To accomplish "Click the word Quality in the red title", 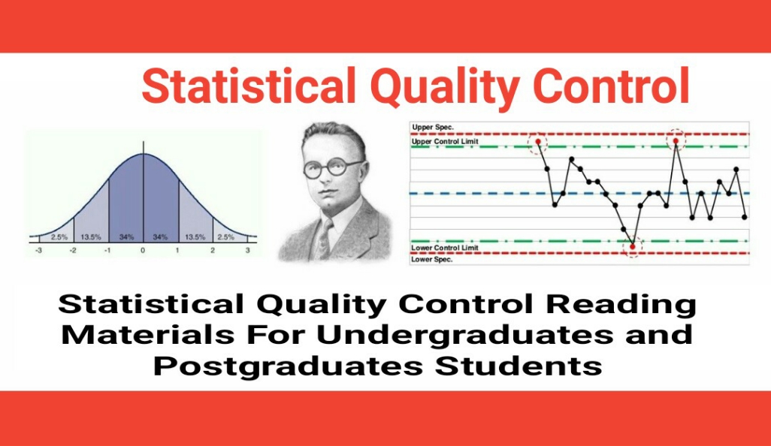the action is pyautogui.click(x=446, y=87).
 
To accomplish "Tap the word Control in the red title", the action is pyautogui.click(x=611, y=86).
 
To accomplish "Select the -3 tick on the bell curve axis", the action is pyautogui.click(x=39, y=250).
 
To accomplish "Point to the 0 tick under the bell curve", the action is pyautogui.click(x=143, y=250).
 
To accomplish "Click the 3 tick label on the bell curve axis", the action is pyautogui.click(x=248, y=250).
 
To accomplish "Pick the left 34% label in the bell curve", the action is pyautogui.click(x=126, y=237).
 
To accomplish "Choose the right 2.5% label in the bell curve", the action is pyautogui.click(x=226, y=237).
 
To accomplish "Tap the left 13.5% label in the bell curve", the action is pyautogui.click(x=91, y=237).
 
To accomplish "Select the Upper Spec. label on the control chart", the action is pyautogui.click(x=433, y=127).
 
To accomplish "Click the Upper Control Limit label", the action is pyautogui.click(x=445, y=141).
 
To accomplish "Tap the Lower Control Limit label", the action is pyautogui.click(x=445, y=248).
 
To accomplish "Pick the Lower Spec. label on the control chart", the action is pyautogui.click(x=432, y=259).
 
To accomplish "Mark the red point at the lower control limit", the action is pyautogui.click(x=633, y=246).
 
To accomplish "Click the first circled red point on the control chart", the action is pyautogui.click(x=538, y=141).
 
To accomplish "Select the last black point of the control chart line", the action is pyautogui.click(x=745, y=216).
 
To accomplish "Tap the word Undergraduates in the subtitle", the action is pyautogui.click(x=464, y=335).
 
